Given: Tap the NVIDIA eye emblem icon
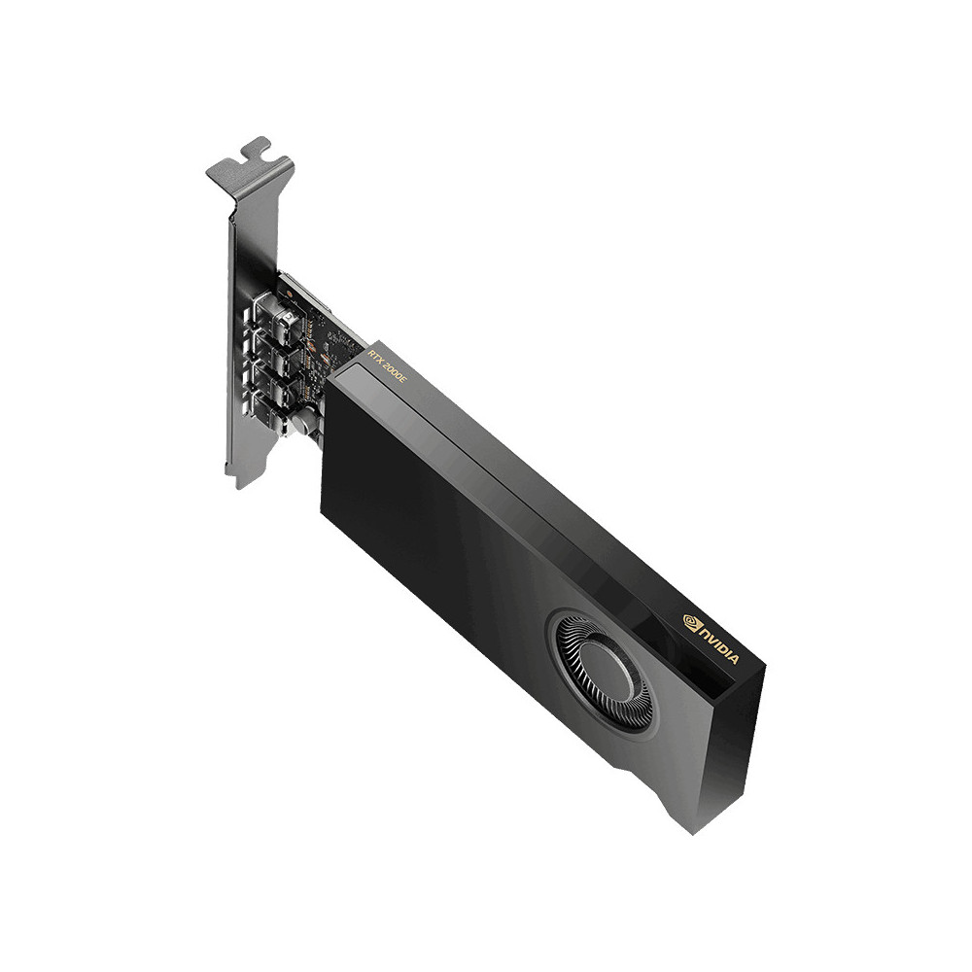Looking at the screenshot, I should coord(692,624).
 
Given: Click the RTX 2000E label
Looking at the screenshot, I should coord(386,364).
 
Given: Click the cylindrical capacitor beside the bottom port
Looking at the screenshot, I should coord(305,426).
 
